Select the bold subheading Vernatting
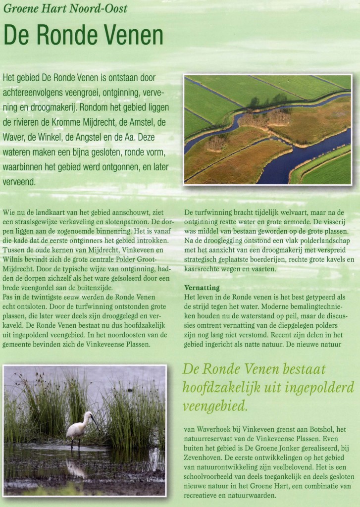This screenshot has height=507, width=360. (202, 287)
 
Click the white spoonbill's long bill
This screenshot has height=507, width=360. (94, 422)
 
